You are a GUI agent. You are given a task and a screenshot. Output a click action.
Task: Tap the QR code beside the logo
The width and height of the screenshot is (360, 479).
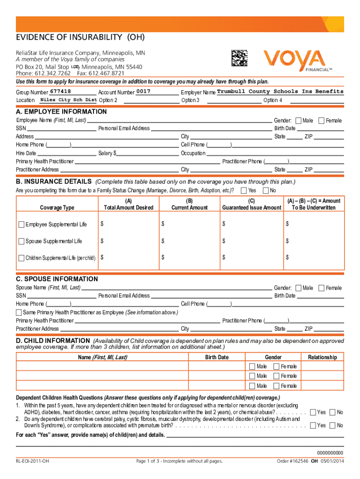click(239, 58)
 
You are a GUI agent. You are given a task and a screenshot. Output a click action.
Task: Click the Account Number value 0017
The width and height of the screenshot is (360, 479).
click(144, 91)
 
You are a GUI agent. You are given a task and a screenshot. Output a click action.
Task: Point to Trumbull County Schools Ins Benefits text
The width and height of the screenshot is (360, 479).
click(280, 92)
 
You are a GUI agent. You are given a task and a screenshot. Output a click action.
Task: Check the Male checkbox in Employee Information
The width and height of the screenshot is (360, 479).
click(299, 121)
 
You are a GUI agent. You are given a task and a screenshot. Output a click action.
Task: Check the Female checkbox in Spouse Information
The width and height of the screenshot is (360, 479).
click(322, 288)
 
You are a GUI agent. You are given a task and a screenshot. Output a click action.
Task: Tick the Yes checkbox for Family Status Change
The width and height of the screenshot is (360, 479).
click(244, 190)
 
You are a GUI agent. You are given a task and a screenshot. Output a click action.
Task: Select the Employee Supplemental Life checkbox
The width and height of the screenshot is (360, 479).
click(22, 225)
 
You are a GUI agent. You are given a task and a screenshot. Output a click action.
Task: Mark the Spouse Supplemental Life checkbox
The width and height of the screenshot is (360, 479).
click(22, 241)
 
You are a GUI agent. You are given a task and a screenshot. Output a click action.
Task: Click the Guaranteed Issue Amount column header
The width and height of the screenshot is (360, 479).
click(252, 208)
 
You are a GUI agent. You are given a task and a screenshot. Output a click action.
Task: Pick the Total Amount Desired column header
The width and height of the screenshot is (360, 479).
click(129, 208)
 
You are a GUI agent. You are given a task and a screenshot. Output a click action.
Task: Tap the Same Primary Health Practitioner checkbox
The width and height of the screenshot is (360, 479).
click(19, 312)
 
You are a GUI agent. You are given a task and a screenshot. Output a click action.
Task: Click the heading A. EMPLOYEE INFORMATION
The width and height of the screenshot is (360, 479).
click(61, 112)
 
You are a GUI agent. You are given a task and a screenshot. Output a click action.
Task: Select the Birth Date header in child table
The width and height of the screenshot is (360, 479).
click(217, 357)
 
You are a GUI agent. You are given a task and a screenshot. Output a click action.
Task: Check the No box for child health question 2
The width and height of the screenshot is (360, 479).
click(332, 425)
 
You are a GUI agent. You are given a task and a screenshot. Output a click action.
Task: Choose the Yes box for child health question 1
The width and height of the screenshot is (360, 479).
click(313, 412)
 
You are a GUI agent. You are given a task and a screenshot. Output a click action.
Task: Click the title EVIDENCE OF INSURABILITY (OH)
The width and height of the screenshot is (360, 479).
click(80, 37)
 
